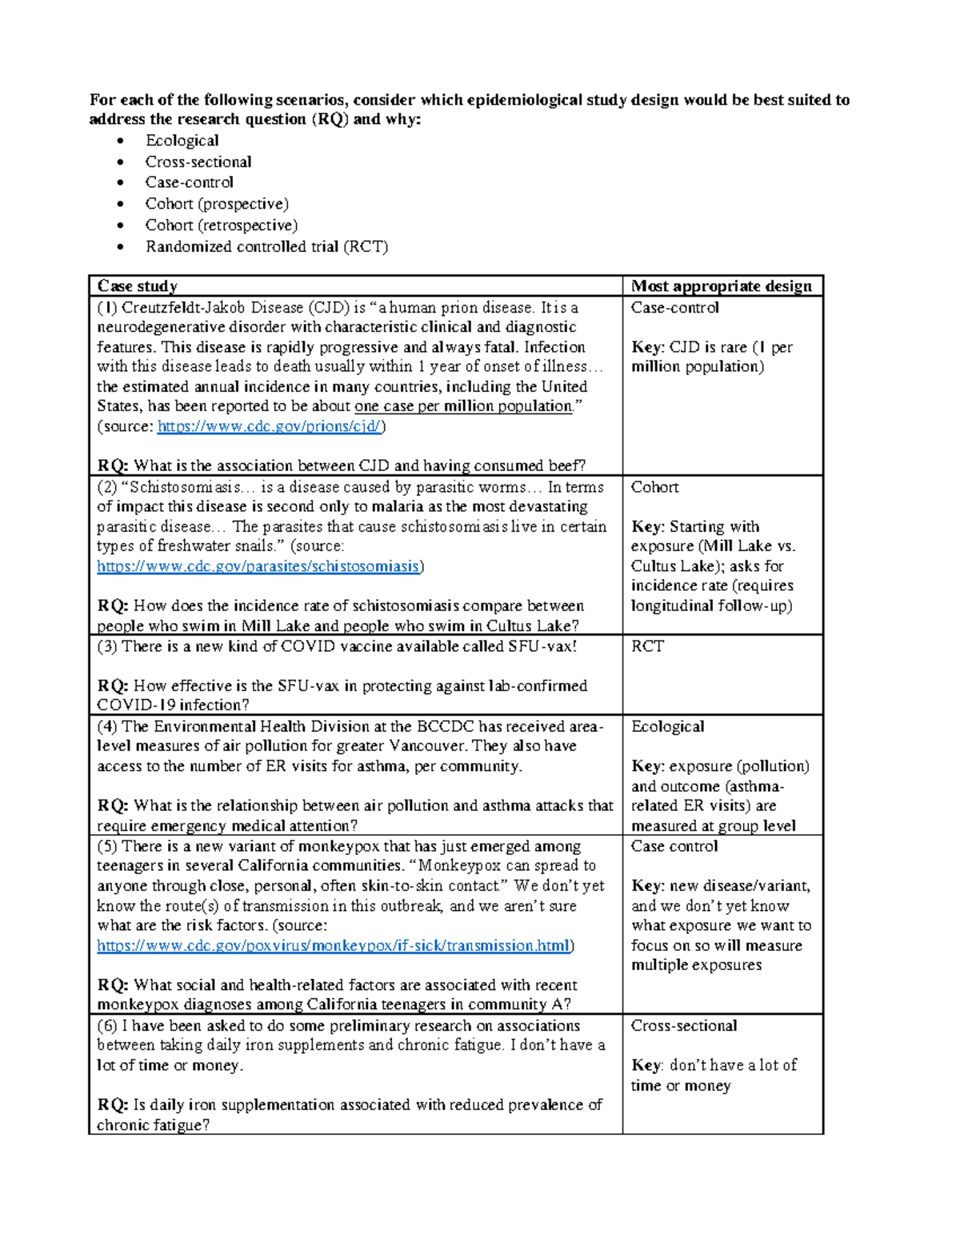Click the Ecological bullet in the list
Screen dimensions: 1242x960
coord(182,141)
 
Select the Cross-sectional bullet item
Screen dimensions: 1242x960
coord(198,162)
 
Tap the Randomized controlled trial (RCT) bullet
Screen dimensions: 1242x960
coord(266,246)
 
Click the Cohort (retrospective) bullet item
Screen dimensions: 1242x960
coord(221,226)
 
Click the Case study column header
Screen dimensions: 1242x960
coord(137,286)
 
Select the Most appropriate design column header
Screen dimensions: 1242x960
coord(721,286)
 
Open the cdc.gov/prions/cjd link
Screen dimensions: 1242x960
coord(270,426)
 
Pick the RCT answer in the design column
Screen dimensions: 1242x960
coord(647,646)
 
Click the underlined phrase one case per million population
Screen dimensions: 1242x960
coord(463,406)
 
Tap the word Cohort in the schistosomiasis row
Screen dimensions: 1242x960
coord(654,487)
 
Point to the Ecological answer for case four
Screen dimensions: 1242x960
coord(667,726)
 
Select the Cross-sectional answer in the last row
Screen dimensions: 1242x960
coord(683,1025)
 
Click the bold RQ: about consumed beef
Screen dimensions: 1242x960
coord(113,465)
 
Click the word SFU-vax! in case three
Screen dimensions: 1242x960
coord(542,646)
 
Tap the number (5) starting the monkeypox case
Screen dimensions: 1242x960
coord(107,846)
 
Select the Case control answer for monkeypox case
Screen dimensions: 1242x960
coord(674,846)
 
